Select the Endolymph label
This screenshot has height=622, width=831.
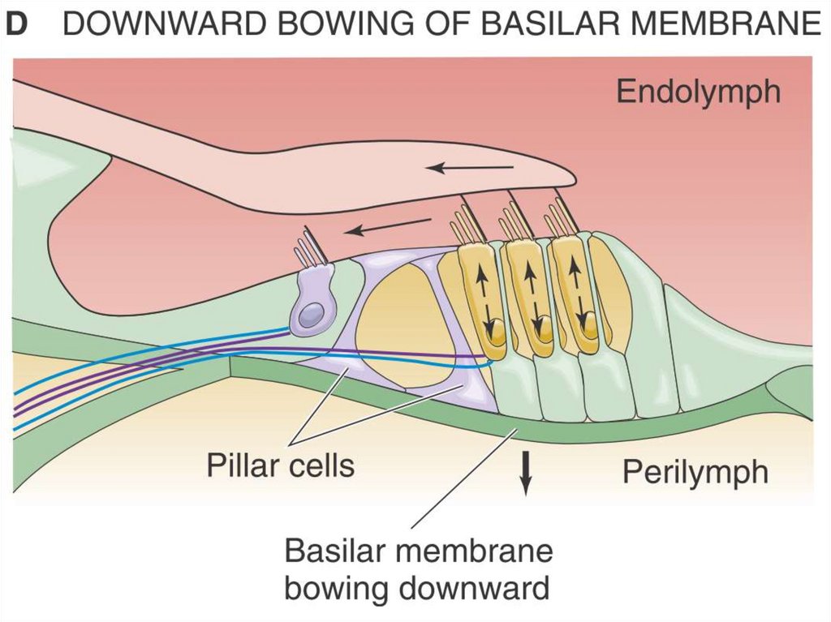pos(698,92)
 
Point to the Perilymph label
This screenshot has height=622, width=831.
pos(695,471)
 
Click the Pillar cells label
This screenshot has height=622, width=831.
pos(280,465)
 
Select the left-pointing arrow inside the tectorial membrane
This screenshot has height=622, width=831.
pos(471,168)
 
